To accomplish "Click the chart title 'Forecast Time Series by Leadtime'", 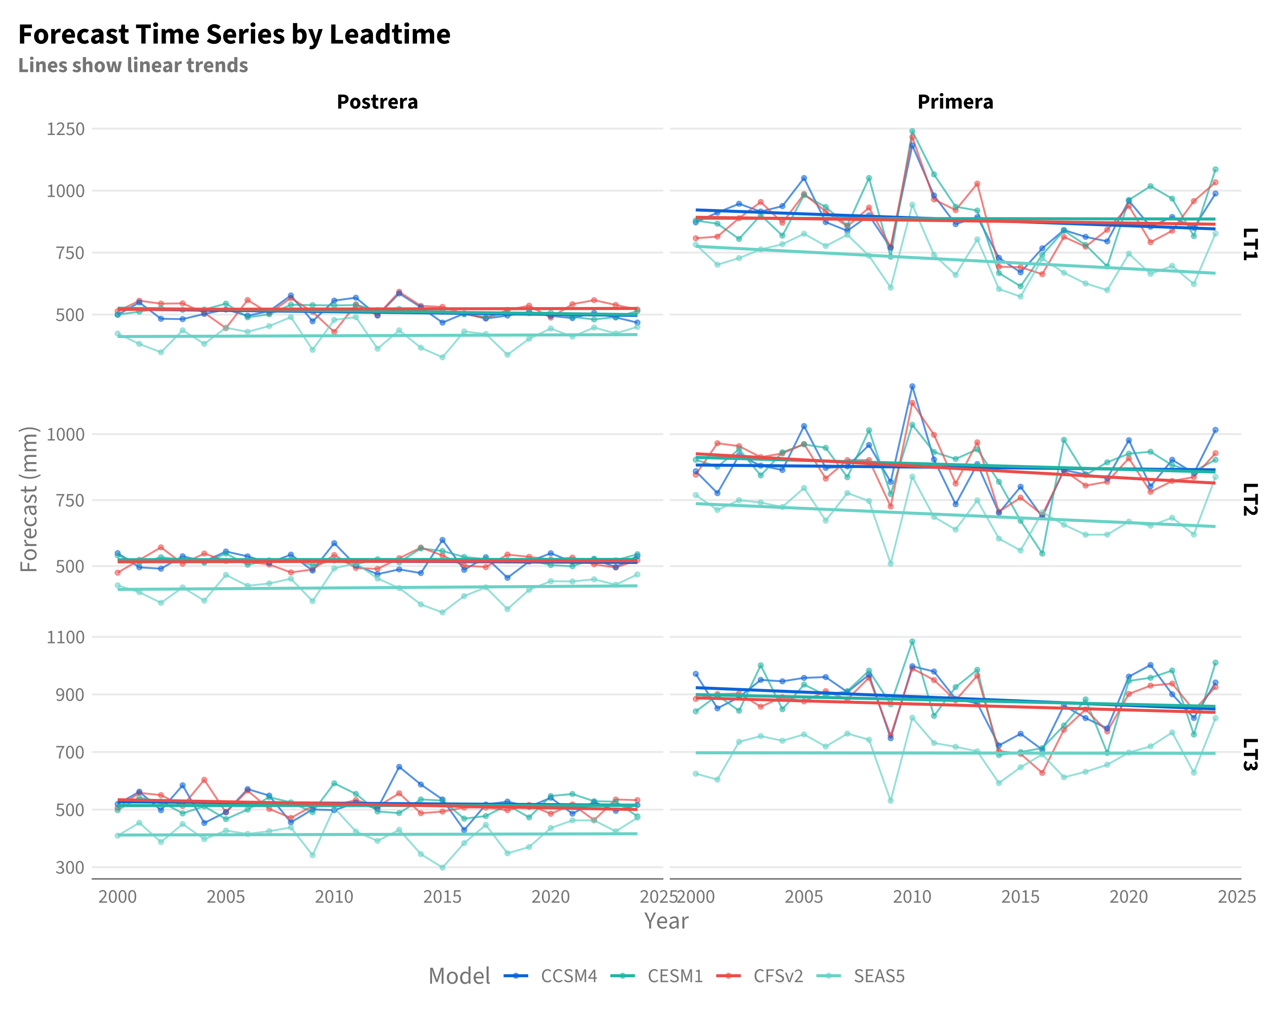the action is (234, 34).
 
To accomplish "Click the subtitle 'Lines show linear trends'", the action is (133, 65).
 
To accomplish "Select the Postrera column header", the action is (377, 102).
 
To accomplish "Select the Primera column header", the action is (955, 102).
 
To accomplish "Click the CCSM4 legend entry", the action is (551, 976).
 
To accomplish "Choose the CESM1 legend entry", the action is (657, 976).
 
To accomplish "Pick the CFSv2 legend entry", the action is (760, 976).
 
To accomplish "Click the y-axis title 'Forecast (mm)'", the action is (29, 500).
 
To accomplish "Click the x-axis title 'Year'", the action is (666, 921).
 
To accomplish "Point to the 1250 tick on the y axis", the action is (66, 129).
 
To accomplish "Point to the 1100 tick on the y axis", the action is (66, 637).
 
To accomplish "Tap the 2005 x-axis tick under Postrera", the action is (226, 896).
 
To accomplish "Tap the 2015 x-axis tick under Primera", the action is (1021, 896).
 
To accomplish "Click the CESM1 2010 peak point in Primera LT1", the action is (912, 132).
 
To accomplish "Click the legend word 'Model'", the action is (459, 976).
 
